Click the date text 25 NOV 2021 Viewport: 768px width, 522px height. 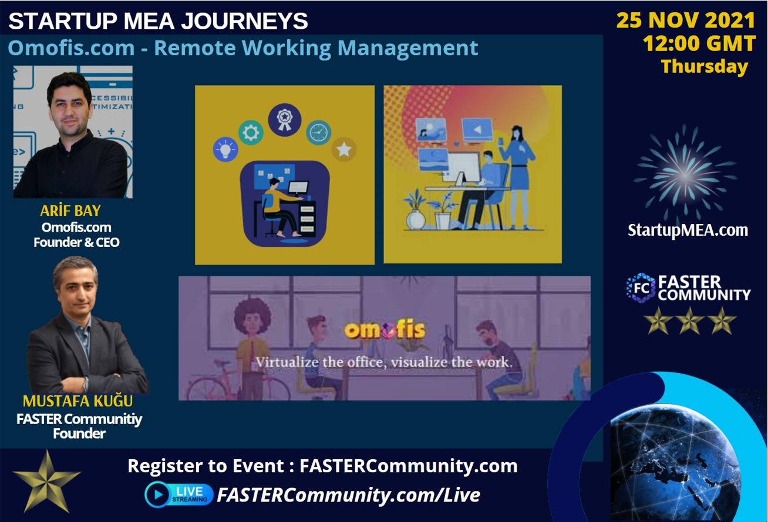pos(686,21)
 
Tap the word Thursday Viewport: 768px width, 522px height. pos(704,66)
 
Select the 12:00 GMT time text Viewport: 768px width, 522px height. pos(699,43)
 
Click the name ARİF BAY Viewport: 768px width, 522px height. pos(70,211)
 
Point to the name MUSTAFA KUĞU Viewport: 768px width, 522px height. pos(78,401)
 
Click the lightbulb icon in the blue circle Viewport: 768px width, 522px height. pos(225,150)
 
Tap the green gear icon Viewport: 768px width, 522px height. pos(251,133)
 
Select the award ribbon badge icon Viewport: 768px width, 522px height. pos(285,120)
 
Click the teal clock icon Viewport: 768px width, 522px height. pos(318,133)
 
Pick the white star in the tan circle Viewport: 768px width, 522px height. pos(344,150)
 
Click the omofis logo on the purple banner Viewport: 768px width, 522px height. pos(385,330)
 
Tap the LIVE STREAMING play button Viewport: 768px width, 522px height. pos(157,494)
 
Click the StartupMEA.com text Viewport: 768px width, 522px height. pos(688,230)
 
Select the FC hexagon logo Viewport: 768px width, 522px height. pos(641,288)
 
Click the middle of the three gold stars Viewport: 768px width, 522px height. pos(690,321)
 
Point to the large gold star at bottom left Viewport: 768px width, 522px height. pos(46,482)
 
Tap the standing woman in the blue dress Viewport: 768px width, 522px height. pos(518,177)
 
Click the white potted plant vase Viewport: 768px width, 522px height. pos(416,219)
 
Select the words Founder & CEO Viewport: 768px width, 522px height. pos(76,242)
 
